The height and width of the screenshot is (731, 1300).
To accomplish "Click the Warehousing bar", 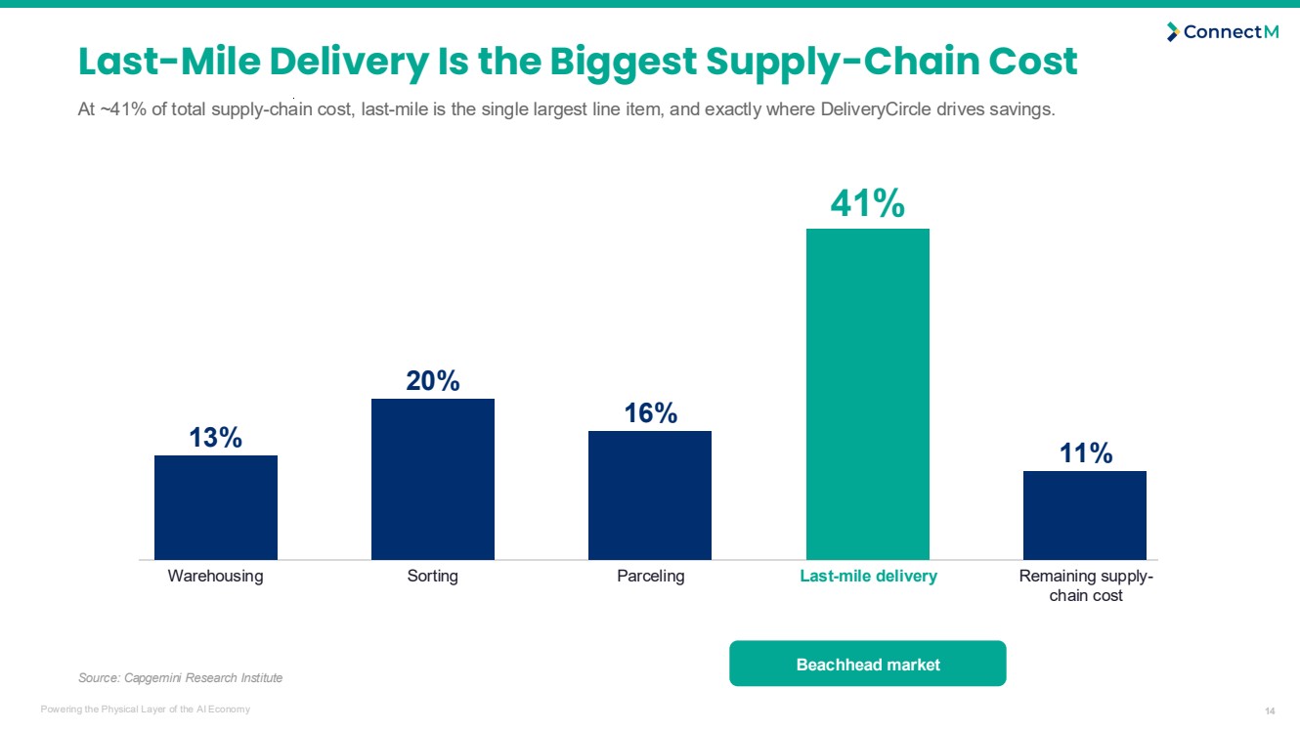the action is pos(216,507).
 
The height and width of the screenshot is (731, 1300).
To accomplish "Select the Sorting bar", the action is pos(433,479).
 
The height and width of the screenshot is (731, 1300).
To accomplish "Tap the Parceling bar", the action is pos(650,495).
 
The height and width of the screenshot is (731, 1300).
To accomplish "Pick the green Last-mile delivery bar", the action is pos(868,395).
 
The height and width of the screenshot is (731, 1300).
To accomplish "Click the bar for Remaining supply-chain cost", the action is pos(1085,516).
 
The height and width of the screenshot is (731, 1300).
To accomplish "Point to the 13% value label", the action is pos(215,438).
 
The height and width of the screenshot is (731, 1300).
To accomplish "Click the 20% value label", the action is pos(433,381).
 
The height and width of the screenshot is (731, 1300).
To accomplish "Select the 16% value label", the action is pos(651,413).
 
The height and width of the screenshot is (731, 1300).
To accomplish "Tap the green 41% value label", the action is pos(868,203).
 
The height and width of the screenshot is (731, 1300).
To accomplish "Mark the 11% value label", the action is pos(1086,453).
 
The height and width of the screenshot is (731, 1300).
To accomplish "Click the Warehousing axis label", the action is pos(215,576).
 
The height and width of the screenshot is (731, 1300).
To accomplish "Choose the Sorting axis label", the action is pos(432,576).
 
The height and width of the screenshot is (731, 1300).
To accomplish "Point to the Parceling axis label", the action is pos(651,576).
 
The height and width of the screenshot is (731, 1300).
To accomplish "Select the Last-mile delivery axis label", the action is pos(868,576).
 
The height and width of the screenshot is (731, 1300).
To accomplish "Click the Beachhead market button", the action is pos(868,664).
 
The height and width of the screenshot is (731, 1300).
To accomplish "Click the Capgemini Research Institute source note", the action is pos(181,677).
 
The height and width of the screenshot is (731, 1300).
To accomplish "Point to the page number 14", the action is pos(1270,710).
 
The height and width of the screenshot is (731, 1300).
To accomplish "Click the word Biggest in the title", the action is pos(623,63).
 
